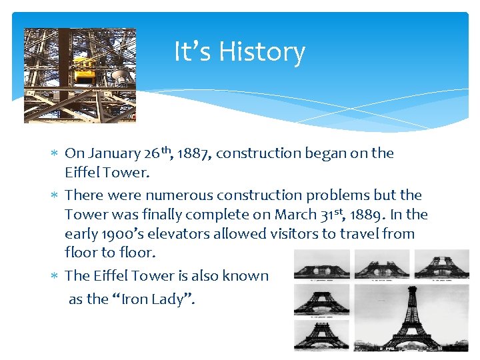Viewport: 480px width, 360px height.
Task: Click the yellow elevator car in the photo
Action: (x=84, y=69)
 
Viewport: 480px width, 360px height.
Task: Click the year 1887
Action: (x=191, y=153)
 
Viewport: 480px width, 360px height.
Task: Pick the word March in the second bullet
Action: (x=317, y=215)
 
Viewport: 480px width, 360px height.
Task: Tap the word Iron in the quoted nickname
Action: (x=135, y=299)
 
